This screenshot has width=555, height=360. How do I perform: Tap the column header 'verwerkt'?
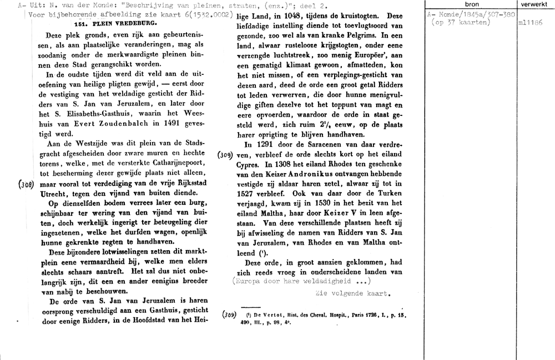pyautogui.click(x=534, y=4)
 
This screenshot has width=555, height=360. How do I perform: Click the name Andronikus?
pyautogui.click(x=317, y=175)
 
